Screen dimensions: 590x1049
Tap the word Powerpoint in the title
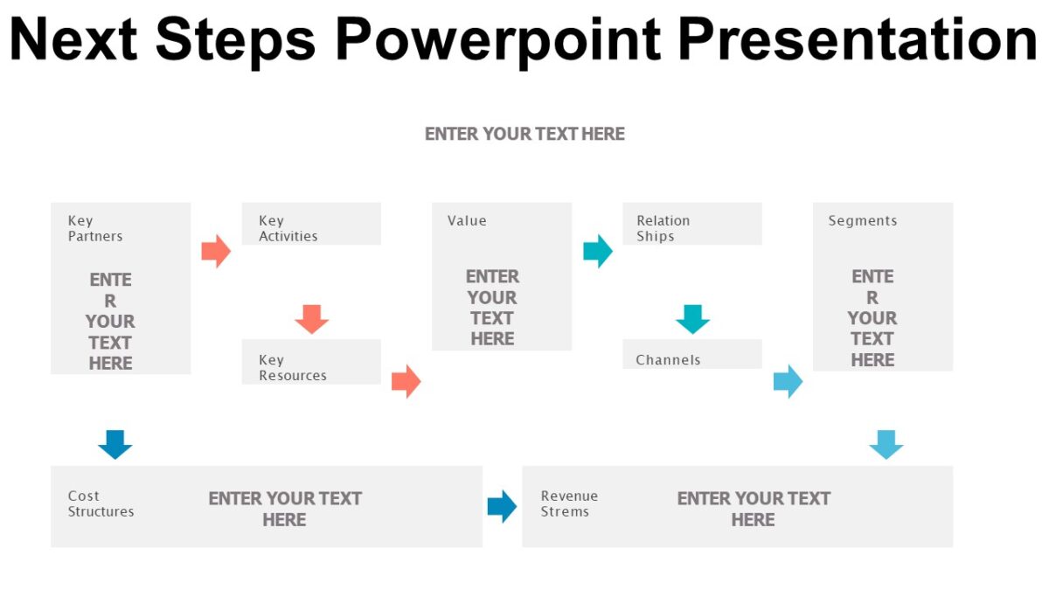pos(495,40)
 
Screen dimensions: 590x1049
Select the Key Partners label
pos(94,228)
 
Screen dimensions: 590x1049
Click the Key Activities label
pos(288,228)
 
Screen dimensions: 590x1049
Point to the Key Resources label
pos(292,368)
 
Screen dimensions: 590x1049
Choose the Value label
pos(467,221)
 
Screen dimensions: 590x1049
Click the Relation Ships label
pos(663,228)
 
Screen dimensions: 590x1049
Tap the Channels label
pos(668,360)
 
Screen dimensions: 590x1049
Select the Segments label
pos(862,221)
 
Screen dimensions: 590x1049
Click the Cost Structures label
pos(101,503)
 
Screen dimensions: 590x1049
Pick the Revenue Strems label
pos(569,503)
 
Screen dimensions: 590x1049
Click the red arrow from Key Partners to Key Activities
pos(216,251)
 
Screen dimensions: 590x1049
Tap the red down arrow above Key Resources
pos(311,319)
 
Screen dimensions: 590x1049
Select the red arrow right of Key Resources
pos(406,381)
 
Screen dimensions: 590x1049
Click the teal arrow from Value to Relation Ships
pos(598,251)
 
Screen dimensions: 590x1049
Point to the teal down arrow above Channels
pos(692,319)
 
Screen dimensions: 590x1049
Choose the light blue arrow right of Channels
pos(788,381)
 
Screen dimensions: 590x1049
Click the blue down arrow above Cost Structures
pos(115,444)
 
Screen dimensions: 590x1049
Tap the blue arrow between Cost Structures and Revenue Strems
pos(502,506)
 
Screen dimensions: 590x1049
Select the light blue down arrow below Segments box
pos(886,444)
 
